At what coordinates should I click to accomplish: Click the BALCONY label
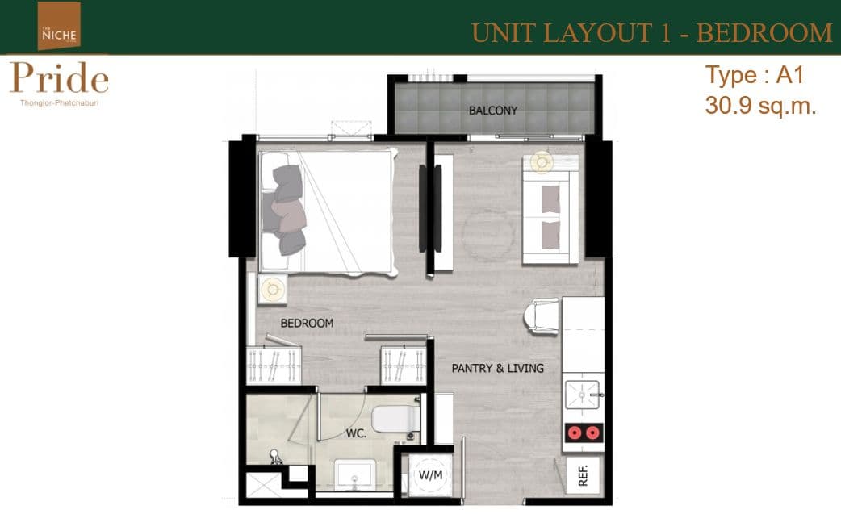coord(493,111)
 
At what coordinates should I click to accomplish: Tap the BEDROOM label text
coord(307,324)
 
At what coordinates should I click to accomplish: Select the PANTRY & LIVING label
coord(498,368)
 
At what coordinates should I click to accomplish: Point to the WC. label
coord(356,433)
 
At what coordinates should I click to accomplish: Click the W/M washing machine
coord(431,475)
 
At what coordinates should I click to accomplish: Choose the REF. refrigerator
coord(584,475)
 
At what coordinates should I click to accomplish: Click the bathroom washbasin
coord(354,474)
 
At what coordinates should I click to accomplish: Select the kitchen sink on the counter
coord(582,395)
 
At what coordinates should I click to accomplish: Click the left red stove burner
coord(575,433)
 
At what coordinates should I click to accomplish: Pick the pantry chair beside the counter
coord(542,317)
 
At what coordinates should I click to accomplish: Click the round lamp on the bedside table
coord(273,290)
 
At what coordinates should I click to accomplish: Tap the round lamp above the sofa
coord(542,161)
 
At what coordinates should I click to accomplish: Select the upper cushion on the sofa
coord(550,199)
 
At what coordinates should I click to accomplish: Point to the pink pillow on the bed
coord(289,215)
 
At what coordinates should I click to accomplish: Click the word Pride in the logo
coord(59,78)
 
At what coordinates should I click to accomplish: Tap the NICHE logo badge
coord(59,25)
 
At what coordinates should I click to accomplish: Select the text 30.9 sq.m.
coord(760,107)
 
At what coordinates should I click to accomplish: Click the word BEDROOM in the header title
coord(764,33)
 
